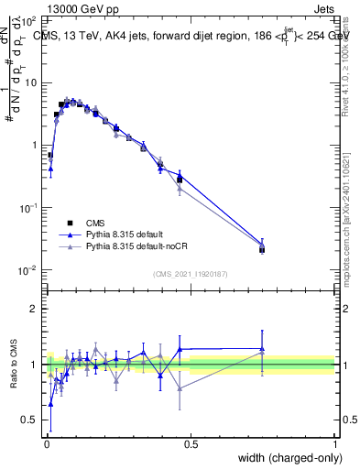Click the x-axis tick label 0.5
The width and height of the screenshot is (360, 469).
pyautogui.click(x=191, y=443)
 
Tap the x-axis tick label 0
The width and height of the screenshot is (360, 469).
pyautogui.click(x=46, y=443)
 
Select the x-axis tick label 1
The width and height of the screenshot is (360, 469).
pyautogui.click(x=335, y=443)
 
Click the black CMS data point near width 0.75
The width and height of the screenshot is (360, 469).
pyautogui.click(x=262, y=249)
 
